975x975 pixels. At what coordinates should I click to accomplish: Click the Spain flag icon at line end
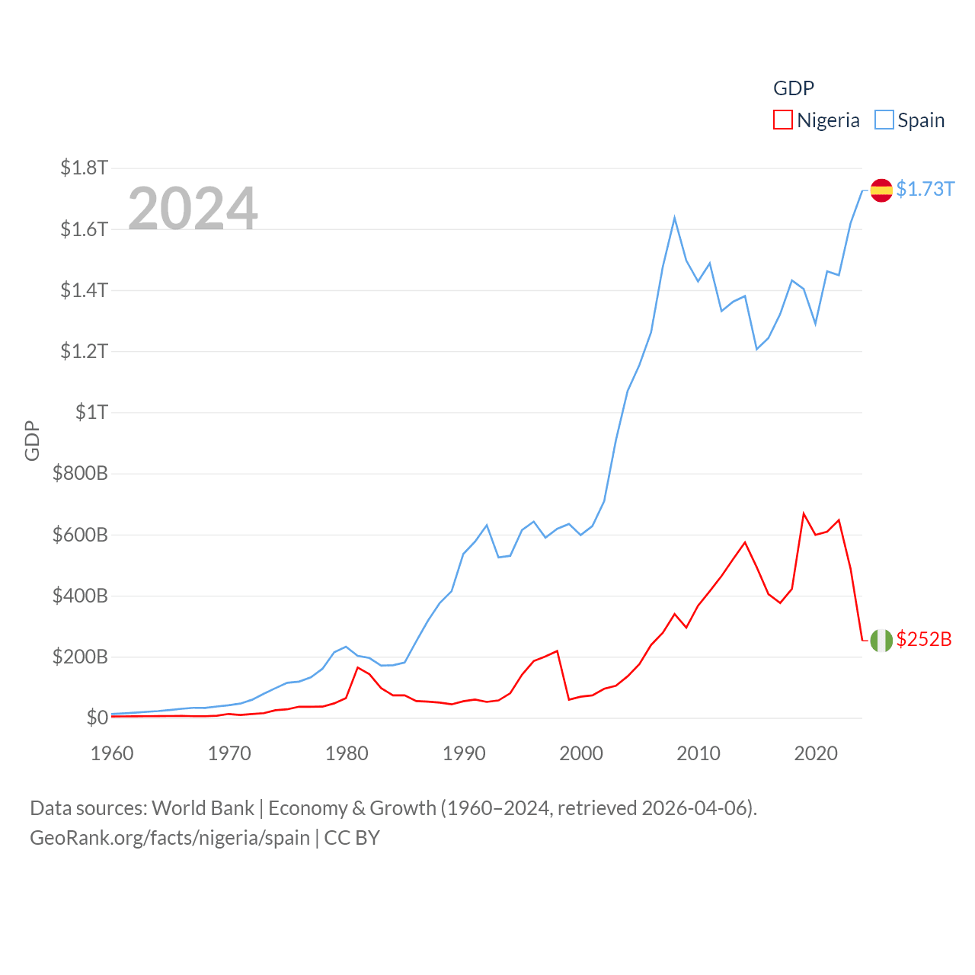tap(881, 190)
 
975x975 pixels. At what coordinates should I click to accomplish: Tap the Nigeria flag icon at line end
tap(881, 641)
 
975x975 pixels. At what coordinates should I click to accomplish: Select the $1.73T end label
tap(925, 189)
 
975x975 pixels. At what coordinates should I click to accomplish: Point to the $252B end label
tap(924, 639)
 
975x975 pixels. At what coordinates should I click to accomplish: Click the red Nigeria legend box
tap(782, 120)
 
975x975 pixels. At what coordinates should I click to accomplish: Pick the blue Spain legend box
tap(884, 120)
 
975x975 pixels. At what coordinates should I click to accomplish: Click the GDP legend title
tap(794, 88)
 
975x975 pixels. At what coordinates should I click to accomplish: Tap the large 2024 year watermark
tap(193, 209)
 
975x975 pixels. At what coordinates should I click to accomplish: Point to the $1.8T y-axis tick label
tap(84, 168)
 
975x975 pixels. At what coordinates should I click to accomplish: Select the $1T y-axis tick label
tap(91, 412)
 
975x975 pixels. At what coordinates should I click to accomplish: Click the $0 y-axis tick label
tap(97, 718)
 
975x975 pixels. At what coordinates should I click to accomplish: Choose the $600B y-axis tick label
tap(80, 535)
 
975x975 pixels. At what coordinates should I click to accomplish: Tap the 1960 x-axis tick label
tap(112, 753)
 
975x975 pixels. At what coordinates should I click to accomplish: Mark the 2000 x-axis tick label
tap(581, 753)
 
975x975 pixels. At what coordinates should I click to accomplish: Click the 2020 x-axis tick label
tap(816, 753)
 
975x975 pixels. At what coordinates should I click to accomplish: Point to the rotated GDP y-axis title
tap(32, 440)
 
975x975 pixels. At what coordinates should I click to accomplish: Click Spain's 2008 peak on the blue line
tap(675, 219)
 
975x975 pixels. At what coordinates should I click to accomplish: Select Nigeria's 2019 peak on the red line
tap(804, 513)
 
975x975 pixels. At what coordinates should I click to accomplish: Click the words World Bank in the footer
tap(203, 808)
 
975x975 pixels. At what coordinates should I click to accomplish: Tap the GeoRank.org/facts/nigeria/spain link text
tap(170, 838)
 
